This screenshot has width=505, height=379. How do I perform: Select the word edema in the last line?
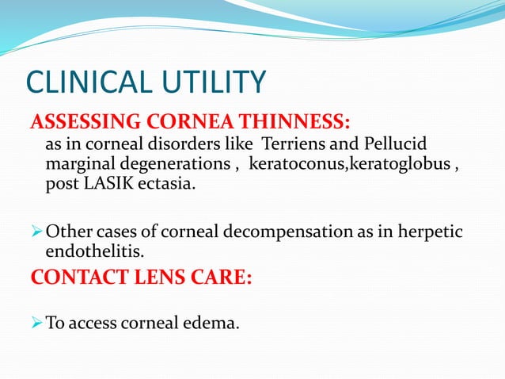(215, 323)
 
